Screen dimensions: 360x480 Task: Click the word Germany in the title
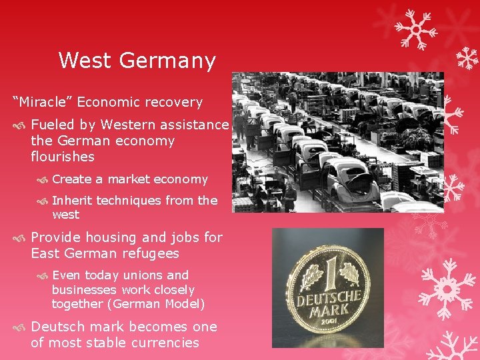point(170,61)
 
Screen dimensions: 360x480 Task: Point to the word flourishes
point(63,157)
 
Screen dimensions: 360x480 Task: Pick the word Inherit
point(73,200)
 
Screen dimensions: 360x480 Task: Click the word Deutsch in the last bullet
point(59,327)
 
